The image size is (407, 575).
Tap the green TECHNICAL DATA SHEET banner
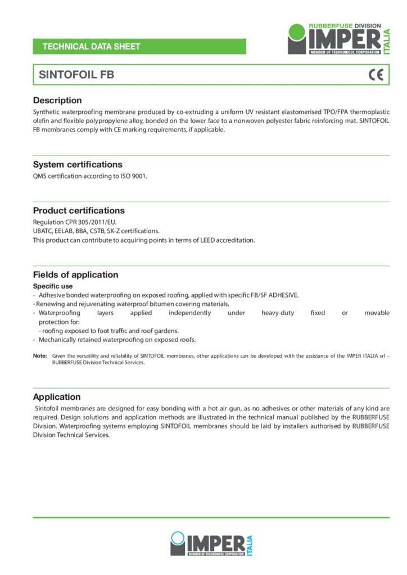coord(139,47)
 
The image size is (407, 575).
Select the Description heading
coord(57,101)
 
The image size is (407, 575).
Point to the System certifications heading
coord(78,165)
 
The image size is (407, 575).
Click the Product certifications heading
coord(79,211)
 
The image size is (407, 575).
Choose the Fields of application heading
coord(75,275)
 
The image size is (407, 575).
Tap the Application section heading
coord(57,396)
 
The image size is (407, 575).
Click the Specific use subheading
coord(53,286)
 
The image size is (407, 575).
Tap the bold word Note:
coord(40,355)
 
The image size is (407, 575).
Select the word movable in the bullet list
coord(377,313)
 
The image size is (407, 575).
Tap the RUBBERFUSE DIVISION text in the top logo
coord(345,26)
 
